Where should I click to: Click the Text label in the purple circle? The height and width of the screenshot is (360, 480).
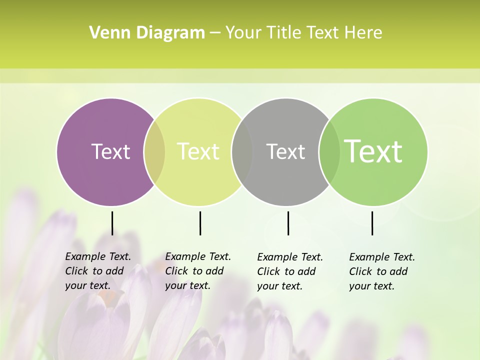pos(110,151)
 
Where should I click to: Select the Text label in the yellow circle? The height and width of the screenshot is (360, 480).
pos(198,151)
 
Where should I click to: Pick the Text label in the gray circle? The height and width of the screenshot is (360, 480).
pos(285,151)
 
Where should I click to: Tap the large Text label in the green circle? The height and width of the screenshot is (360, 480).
pos(373,151)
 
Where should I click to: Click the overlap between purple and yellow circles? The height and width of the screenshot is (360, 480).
pos(154,151)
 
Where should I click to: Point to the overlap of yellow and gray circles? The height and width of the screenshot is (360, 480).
pos(242,151)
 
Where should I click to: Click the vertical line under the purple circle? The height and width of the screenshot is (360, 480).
pos(112,223)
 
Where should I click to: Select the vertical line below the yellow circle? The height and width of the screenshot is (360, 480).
pos(200,223)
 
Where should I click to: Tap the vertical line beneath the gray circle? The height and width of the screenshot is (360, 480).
pos(288,223)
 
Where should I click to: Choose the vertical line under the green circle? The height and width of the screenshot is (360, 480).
pos(372,223)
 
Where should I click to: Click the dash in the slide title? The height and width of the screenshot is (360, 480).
pos(215,33)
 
